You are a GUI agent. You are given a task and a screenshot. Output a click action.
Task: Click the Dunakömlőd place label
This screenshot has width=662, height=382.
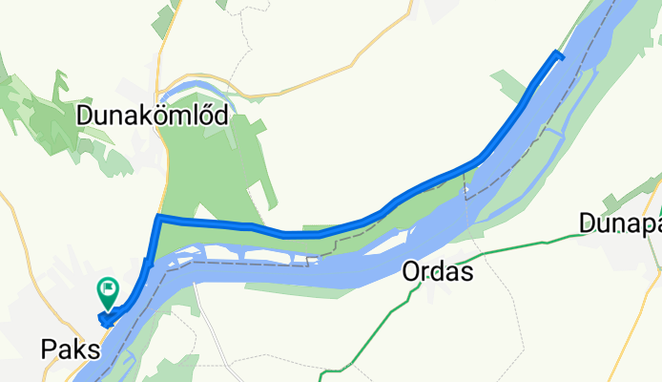click(153, 116)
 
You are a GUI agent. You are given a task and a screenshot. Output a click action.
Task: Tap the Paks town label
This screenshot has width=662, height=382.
click(72, 350)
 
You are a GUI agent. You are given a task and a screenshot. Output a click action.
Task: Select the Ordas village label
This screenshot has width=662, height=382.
click(439, 272)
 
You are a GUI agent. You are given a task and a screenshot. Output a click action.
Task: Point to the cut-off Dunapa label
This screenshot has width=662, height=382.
click(620, 223)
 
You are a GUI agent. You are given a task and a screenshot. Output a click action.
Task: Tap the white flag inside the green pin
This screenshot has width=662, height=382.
click(108, 286)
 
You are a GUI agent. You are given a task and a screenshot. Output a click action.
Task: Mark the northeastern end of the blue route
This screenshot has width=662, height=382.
click(559, 54)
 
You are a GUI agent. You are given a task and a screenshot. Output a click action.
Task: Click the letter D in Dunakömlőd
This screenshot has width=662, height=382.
click(85, 116)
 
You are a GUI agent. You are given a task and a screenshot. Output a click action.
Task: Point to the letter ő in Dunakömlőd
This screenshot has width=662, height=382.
click(203, 116)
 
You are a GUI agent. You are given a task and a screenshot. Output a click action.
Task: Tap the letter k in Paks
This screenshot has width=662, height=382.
click(79, 350)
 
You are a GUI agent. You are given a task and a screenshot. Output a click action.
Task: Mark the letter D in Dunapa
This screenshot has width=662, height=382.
click(587, 223)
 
